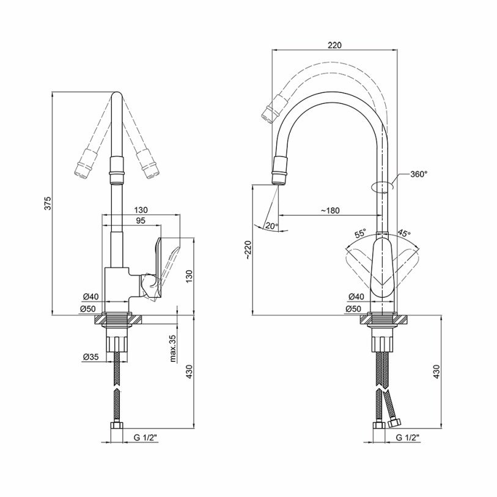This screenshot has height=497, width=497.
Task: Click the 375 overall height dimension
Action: tap(48, 204)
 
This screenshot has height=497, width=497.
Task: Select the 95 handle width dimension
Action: tap(141, 221)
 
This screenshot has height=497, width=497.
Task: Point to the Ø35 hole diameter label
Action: tap(91, 357)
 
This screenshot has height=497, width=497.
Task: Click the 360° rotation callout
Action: tap(419, 174)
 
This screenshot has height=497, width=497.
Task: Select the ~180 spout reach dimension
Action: tap(330, 210)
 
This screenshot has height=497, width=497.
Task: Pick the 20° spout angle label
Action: tap(271, 226)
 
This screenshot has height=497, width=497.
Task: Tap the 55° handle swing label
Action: tap(361, 234)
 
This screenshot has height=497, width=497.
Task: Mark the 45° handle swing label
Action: tap(404, 234)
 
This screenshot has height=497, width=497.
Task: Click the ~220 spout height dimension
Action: tap(248, 250)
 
